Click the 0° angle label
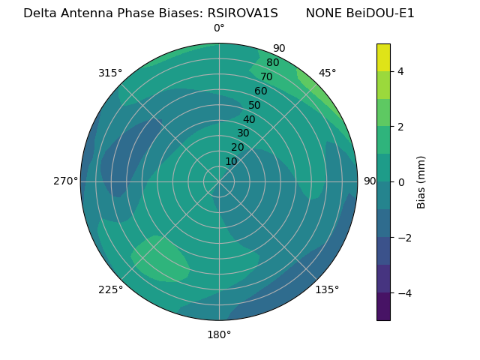[219, 28]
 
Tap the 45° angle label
[327, 73]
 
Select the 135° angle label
[327, 289]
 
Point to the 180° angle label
[219, 334]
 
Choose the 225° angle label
[110, 289]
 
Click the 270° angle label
[65, 181]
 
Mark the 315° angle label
[110, 73]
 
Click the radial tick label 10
[231, 161]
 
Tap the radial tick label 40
[249, 119]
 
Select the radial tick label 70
[266, 76]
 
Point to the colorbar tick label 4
[401, 71]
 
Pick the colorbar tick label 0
[401, 182]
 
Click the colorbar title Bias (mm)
[421, 181]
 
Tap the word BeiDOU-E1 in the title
[382, 13]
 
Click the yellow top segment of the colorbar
[383, 57]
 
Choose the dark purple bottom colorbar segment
[383, 307]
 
